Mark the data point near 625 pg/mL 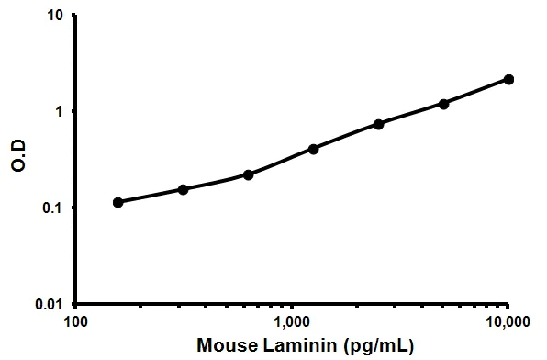248,174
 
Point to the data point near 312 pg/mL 183,189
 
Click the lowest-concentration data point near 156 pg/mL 117,202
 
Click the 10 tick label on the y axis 57,16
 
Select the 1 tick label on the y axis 61,112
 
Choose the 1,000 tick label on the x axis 292,323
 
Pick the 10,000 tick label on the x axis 508,323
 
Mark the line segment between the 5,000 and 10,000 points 476,92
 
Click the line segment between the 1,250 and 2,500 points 346,136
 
